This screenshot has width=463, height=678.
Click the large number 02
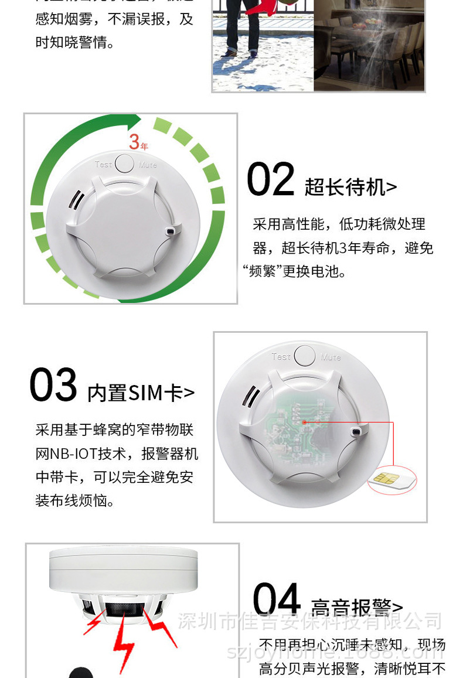coord(270,179)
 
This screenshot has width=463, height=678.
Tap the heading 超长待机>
coord(350,188)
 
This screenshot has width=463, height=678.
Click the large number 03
coord(53,386)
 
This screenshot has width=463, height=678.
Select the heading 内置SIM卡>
coord(141,393)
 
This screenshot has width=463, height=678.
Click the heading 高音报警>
coord(356,608)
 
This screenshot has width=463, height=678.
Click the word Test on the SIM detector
coord(281,356)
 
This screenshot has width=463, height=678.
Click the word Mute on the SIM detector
coord(331,356)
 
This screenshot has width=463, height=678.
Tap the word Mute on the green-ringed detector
coord(148,165)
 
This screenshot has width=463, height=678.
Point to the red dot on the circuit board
coord(304,421)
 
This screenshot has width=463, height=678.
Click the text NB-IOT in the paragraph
coord(71,454)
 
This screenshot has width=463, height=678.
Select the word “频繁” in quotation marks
coord(262,272)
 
